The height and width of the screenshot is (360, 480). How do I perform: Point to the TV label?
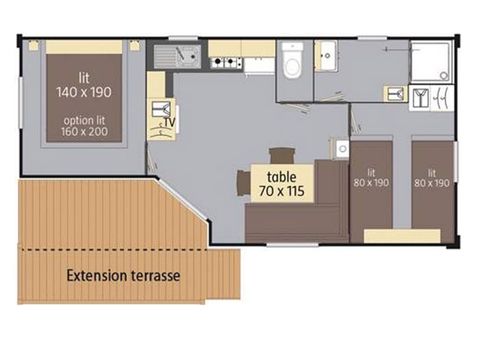(170, 123)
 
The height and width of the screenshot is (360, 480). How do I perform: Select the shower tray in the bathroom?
(431, 63)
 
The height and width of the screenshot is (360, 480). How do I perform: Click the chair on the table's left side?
(242, 183)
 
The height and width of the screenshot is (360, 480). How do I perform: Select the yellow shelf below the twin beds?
(402, 236)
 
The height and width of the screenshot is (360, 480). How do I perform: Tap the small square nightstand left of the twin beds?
(343, 149)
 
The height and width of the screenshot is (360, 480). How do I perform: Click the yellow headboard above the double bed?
(85, 45)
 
